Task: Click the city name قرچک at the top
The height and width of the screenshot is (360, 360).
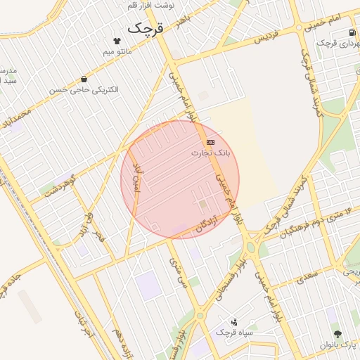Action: pyautogui.click(x=145, y=28)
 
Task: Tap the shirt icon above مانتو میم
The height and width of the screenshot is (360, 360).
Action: pyautogui.click(x=117, y=40)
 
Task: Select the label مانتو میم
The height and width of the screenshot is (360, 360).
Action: pyautogui.click(x=117, y=51)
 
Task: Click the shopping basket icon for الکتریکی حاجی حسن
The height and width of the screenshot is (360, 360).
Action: pyautogui.click(x=84, y=79)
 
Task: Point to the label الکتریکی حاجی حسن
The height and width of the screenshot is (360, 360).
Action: pyautogui.click(x=84, y=90)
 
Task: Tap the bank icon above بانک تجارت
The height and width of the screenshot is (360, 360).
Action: pyautogui.click(x=211, y=142)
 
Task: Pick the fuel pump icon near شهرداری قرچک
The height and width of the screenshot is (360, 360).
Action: pyautogui.click(x=353, y=33)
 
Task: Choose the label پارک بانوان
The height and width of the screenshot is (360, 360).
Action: pyautogui.click(x=337, y=345)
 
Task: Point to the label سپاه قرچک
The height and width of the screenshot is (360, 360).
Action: pyautogui.click(x=233, y=331)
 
